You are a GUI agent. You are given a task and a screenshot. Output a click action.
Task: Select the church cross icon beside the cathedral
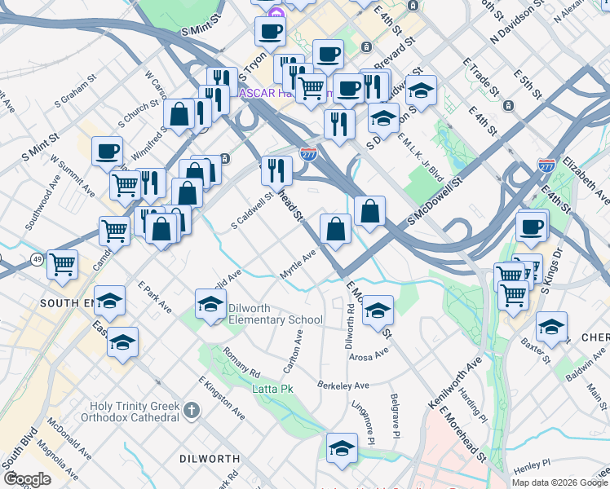(191, 409)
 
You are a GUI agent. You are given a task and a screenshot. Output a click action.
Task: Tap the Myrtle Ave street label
(298, 265)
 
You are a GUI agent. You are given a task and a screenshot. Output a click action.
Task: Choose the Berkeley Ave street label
(343, 385)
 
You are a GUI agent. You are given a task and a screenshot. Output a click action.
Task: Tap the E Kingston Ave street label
(221, 398)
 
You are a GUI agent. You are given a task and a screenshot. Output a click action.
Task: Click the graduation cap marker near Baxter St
(551, 326)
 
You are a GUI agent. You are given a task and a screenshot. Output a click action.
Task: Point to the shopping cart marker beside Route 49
(62, 264)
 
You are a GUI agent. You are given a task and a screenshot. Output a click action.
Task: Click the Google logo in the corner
(27, 479)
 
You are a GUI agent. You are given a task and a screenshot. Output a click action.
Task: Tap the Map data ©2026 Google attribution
(559, 482)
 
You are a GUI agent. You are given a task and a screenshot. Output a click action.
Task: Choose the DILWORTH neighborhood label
(209, 459)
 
